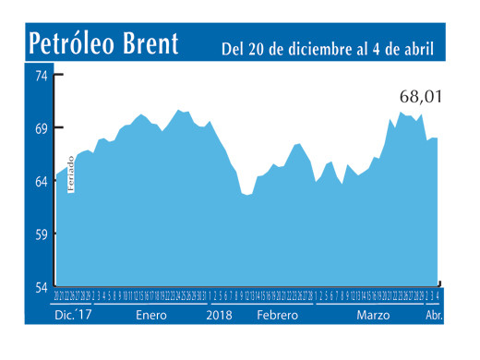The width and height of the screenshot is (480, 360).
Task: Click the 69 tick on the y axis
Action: [42, 127]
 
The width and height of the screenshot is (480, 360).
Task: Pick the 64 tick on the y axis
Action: [42, 181]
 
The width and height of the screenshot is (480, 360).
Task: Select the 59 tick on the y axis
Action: [42, 234]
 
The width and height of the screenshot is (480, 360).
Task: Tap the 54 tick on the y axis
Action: [42, 287]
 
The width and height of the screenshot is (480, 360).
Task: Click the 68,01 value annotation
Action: [420, 96]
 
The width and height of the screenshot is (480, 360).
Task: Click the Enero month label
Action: [152, 316]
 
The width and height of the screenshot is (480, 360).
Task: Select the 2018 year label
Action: [219, 316]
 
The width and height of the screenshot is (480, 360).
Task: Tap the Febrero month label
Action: [277, 316]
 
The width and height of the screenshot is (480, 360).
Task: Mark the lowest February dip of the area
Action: [246, 194]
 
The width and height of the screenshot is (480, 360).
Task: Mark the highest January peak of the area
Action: [179, 110]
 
